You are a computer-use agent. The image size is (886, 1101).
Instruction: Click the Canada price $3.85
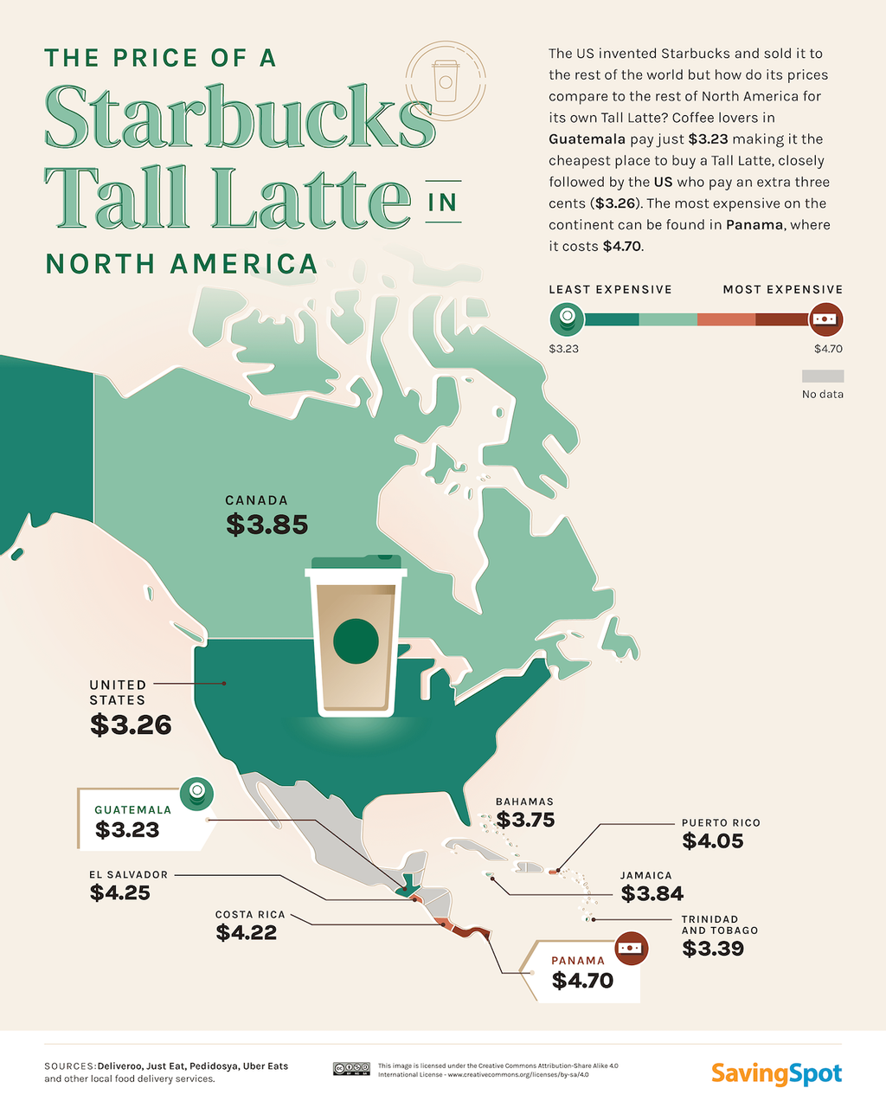coord(266,525)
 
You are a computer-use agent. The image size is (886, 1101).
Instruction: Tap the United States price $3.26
coord(131,725)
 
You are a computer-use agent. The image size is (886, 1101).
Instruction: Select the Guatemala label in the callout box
coord(133,810)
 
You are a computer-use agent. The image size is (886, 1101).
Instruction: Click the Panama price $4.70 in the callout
coord(582,981)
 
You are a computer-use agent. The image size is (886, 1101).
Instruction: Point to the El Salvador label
coord(128,875)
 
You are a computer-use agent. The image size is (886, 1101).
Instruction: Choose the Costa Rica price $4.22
coord(247,933)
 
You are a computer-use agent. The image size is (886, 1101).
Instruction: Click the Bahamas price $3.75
coord(525,820)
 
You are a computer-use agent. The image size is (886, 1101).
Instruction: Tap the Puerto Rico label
coord(721,823)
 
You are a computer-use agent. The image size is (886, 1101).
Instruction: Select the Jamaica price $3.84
coord(652,893)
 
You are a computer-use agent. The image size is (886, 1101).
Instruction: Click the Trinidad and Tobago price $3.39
coord(713,949)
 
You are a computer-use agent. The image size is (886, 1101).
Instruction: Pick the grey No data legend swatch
coord(822,377)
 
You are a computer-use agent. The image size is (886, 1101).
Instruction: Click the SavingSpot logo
coord(776,1074)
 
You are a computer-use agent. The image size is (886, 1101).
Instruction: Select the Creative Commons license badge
coord(351,1070)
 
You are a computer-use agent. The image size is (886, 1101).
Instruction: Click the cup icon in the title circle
coord(446,80)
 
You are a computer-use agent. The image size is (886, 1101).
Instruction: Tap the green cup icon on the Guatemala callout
coord(196,792)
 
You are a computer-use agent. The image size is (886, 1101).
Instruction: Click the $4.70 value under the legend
coord(828,349)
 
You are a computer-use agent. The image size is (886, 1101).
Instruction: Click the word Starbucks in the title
coord(239,118)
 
